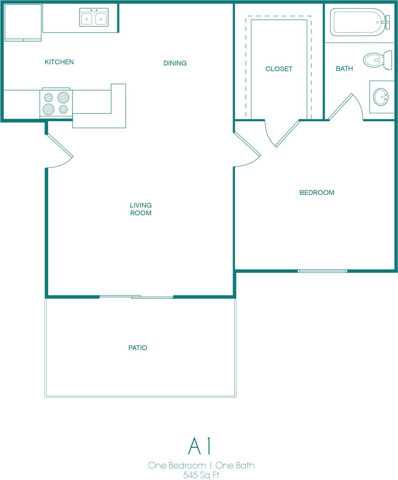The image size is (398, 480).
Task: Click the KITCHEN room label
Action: click(x=59, y=62)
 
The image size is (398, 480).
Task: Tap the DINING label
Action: click(x=175, y=63)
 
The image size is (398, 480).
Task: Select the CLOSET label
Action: click(x=279, y=69)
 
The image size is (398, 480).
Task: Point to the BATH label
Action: click(x=344, y=69)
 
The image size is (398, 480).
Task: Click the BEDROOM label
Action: click(x=317, y=192)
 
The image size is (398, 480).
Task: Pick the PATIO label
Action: click(x=138, y=348)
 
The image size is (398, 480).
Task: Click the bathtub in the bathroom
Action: click(x=358, y=22)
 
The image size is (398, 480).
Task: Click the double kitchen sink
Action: click(x=93, y=18)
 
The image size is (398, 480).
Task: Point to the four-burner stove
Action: click(x=56, y=103)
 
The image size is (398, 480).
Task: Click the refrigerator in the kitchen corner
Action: click(x=23, y=22)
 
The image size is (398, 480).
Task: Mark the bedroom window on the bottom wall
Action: click(x=323, y=271)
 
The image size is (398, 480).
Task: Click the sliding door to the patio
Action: click(x=136, y=297)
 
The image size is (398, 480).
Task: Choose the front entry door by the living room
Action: click(x=59, y=146)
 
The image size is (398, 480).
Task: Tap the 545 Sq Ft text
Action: click(x=201, y=474)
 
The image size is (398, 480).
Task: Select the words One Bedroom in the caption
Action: click(x=177, y=465)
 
